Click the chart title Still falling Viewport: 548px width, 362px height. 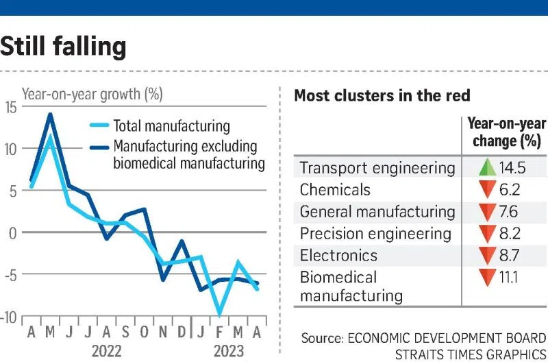point(64,46)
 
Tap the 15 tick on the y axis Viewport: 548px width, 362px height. point(12,106)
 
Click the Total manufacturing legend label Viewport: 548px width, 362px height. point(171,126)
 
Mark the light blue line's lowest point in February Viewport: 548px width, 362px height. point(219,313)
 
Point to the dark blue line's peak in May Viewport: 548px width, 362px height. point(49,114)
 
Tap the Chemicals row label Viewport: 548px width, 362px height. point(335,190)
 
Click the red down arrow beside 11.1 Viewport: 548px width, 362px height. point(487,278)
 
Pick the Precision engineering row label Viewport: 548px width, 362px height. point(375,234)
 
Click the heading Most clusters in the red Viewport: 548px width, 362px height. point(382,95)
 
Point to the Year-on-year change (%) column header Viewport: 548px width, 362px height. point(506,132)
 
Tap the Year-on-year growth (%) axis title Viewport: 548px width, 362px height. point(92,95)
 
